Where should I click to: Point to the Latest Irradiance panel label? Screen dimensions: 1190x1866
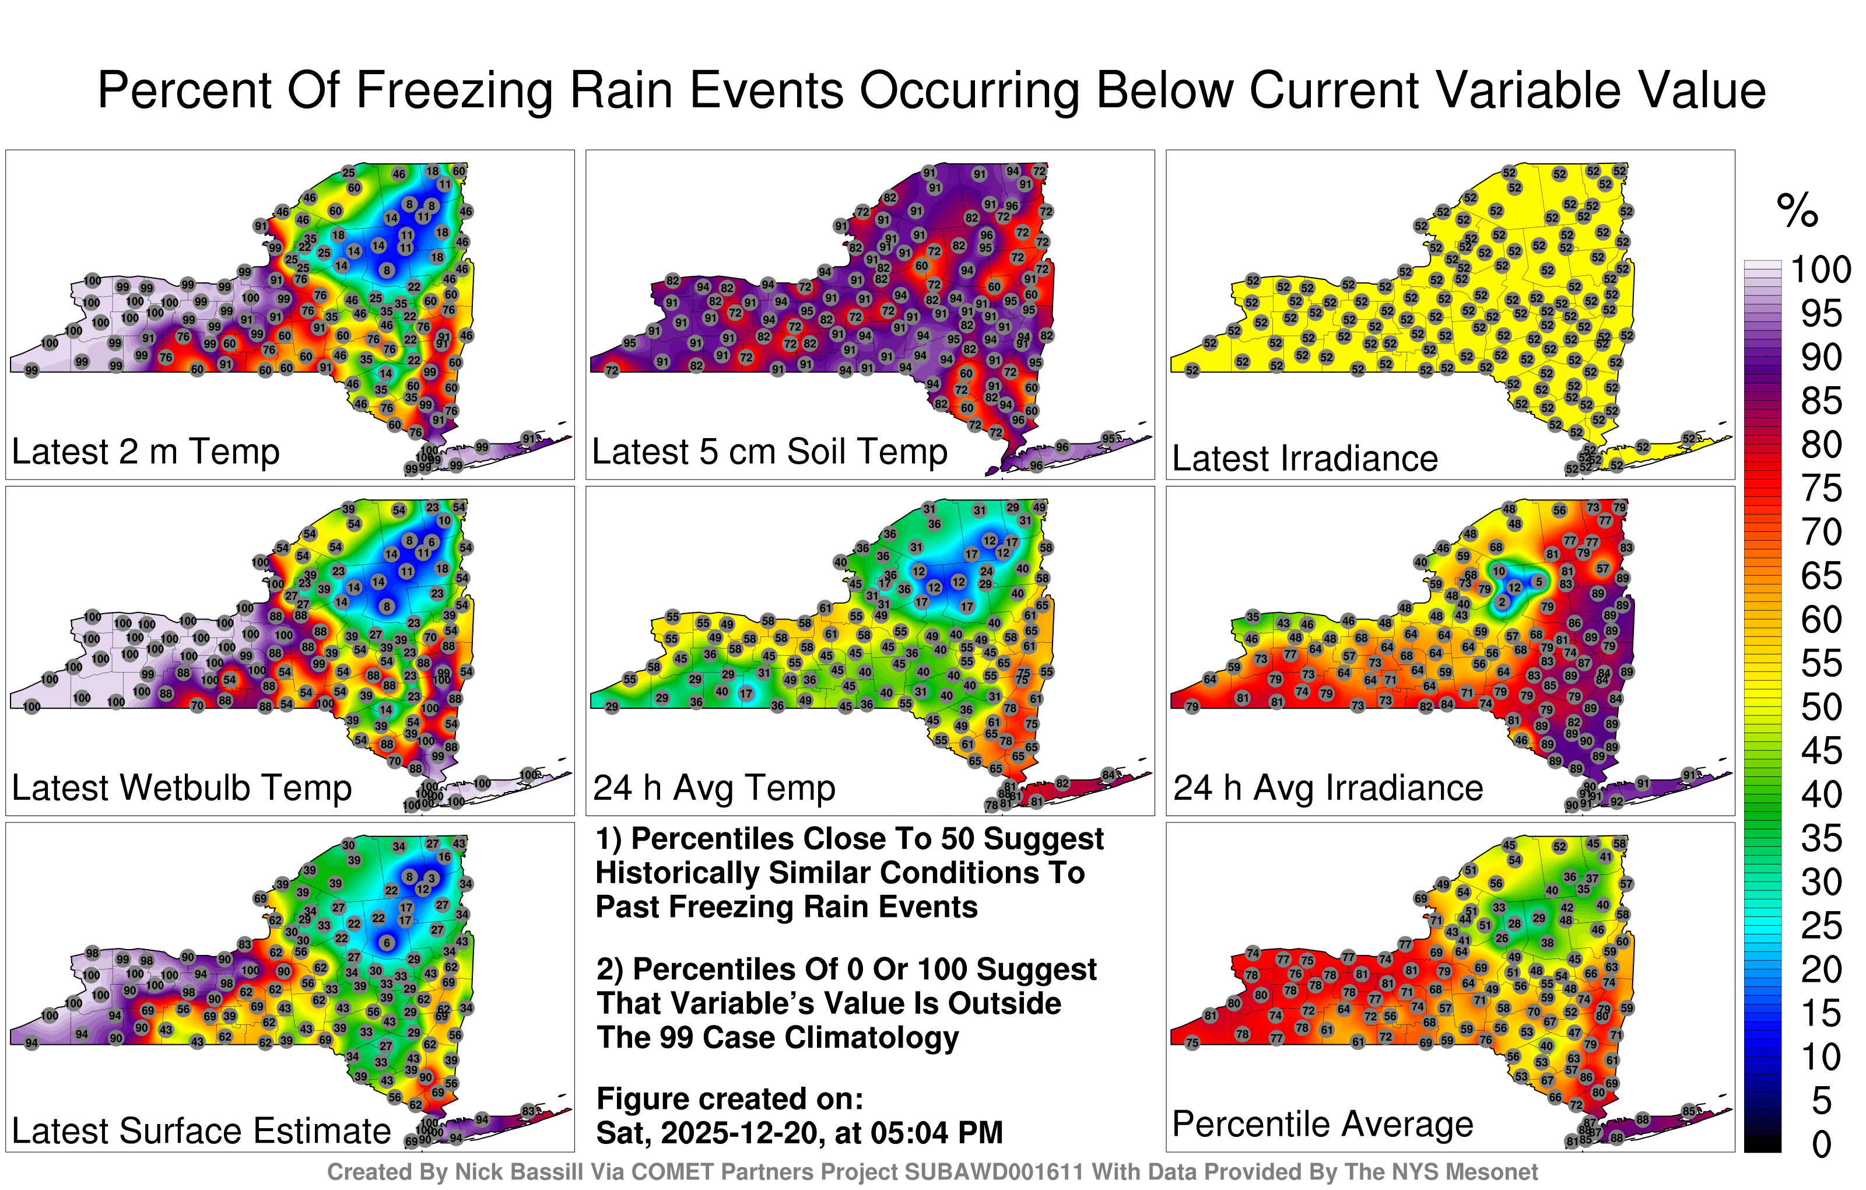(x=1304, y=458)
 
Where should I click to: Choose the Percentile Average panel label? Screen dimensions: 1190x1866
(x=1322, y=1123)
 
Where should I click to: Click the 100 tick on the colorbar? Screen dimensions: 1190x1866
(x=1821, y=269)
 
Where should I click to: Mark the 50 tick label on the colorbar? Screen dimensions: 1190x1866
(x=1821, y=707)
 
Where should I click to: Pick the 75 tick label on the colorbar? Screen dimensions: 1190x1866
(x=1821, y=488)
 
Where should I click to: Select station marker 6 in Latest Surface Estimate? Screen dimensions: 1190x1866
(x=387, y=943)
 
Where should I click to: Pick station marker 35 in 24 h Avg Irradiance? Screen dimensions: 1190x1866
(x=1253, y=617)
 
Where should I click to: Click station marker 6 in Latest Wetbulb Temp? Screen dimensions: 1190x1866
(x=432, y=542)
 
